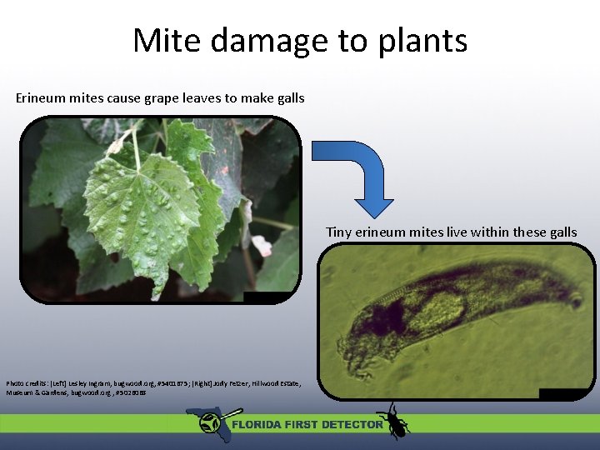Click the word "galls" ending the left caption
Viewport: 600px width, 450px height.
click(x=288, y=98)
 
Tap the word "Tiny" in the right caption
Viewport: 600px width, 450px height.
click(x=339, y=232)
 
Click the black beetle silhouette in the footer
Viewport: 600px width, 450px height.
click(x=392, y=421)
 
